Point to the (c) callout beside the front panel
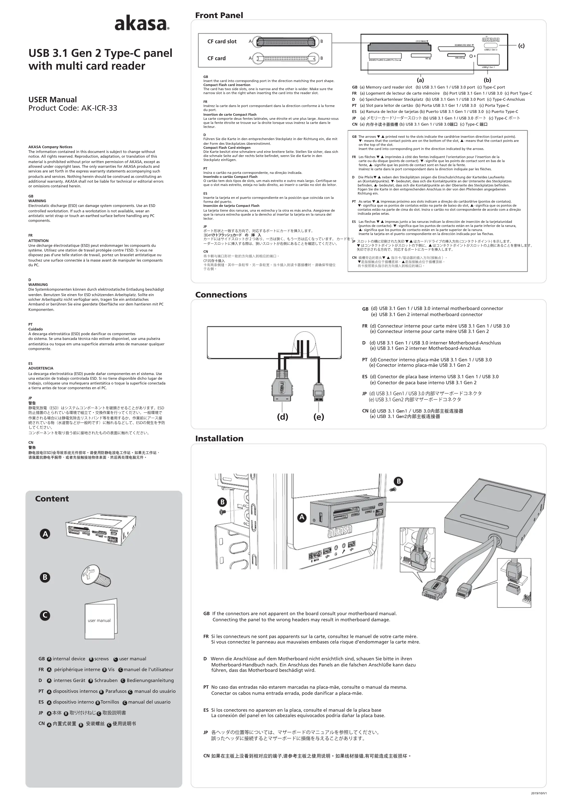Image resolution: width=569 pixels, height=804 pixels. pyautogui.click(x=521, y=46)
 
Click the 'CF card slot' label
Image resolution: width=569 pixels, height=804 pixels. pyautogui.click(x=222, y=41)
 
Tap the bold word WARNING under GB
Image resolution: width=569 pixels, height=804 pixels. pyautogui.click(x=37, y=201)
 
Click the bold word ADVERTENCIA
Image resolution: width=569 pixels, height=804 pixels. pyautogui.click(x=41, y=368)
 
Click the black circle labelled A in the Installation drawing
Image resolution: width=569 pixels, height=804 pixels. pyautogui.click(x=302, y=518)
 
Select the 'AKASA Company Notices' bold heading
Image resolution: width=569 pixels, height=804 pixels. pyautogui.click(x=50, y=147)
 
